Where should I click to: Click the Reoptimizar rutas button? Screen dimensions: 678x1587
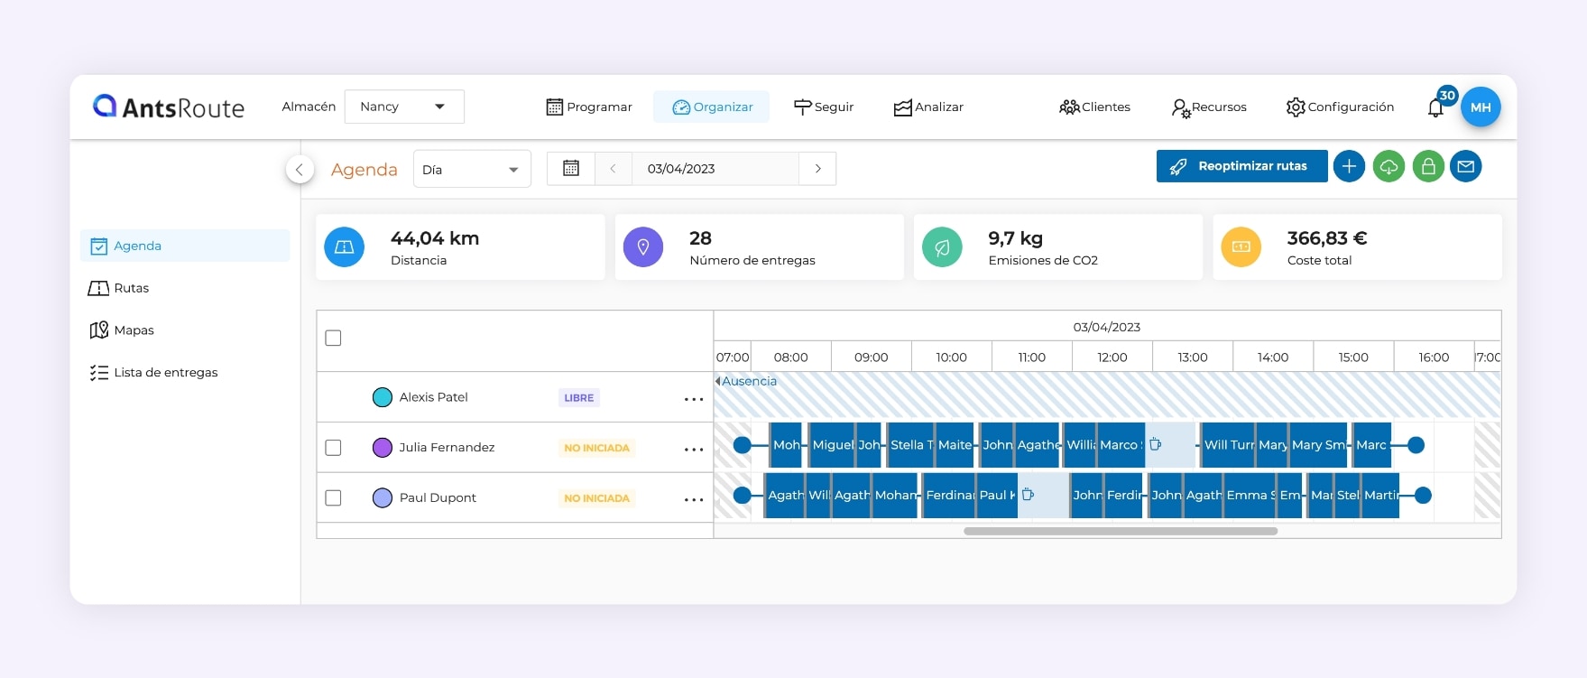(x=1241, y=166)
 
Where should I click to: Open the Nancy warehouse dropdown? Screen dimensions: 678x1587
(x=404, y=107)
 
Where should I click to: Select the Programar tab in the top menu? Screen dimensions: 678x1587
(x=589, y=107)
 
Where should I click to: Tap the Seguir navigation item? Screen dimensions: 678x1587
(x=824, y=107)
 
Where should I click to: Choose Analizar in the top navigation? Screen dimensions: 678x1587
(x=928, y=107)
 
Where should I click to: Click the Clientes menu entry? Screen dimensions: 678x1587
(x=1094, y=107)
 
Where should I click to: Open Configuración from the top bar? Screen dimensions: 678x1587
(x=1340, y=107)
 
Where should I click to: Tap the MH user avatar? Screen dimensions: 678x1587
(x=1481, y=107)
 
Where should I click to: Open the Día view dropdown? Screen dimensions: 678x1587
(x=471, y=169)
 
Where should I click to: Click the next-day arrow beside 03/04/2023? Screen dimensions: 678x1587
(x=817, y=169)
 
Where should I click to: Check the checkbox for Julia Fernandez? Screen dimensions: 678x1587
(x=333, y=448)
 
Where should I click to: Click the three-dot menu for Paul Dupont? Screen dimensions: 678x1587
(x=693, y=499)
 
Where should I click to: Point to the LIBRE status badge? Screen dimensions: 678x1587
(x=578, y=398)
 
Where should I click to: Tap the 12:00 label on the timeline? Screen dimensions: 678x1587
(x=1112, y=358)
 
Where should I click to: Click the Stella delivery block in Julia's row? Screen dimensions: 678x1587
(x=910, y=445)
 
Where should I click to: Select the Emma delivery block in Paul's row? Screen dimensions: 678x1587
(x=1250, y=496)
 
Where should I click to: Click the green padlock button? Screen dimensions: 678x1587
(x=1428, y=166)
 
